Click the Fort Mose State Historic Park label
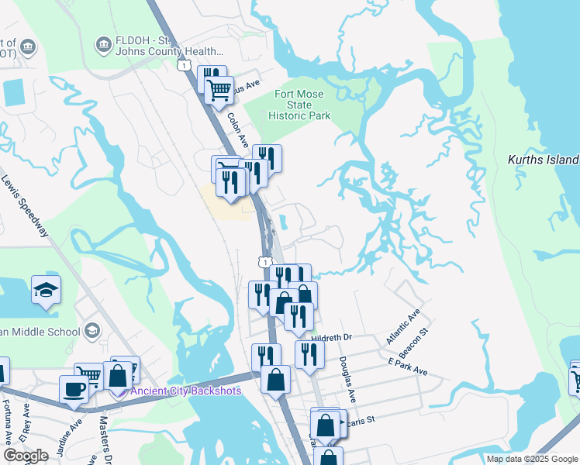[x=303, y=105]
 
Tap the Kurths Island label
[x=543, y=160]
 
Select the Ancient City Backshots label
[x=185, y=390]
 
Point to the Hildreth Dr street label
[x=331, y=337]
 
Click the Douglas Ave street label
[x=347, y=379]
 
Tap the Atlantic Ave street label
[x=402, y=326]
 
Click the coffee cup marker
[x=75, y=388]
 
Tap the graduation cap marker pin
[x=46, y=291]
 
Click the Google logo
[x=26, y=456]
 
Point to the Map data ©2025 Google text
[x=532, y=459]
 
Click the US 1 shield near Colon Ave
[x=184, y=65]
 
